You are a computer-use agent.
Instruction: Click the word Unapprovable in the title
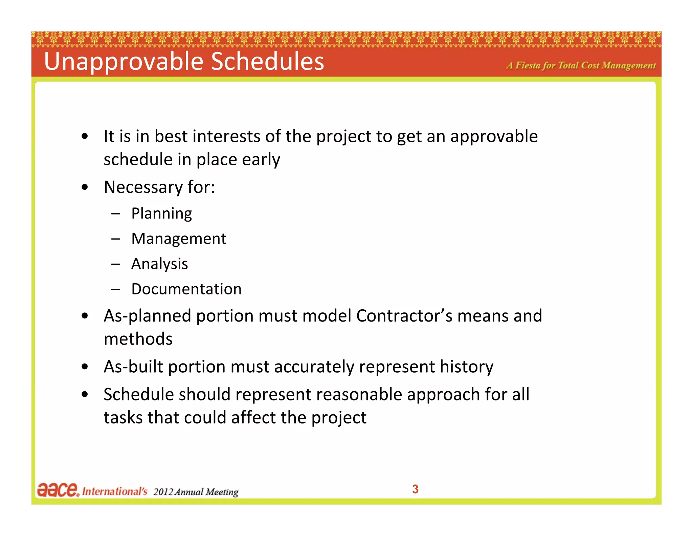click(x=124, y=62)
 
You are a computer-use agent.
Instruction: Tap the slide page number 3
click(x=415, y=489)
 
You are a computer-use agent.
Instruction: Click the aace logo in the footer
click(x=58, y=490)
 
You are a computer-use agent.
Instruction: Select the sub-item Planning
click(x=161, y=214)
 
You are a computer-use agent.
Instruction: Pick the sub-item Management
click(x=179, y=239)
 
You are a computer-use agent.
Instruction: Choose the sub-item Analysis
click(x=159, y=264)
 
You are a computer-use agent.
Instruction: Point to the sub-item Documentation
click(x=186, y=289)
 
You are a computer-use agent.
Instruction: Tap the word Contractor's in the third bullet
click(x=404, y=316)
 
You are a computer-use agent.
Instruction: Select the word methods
click(x=138, y=339)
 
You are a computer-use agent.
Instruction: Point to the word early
click(x=261, y=160)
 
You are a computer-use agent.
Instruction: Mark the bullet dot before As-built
click(x=85, y=367)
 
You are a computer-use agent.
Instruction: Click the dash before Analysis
click(x=115, y=264)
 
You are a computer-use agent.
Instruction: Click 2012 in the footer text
click(x=163, y=492)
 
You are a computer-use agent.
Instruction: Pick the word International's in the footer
click(x=115, y=491)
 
